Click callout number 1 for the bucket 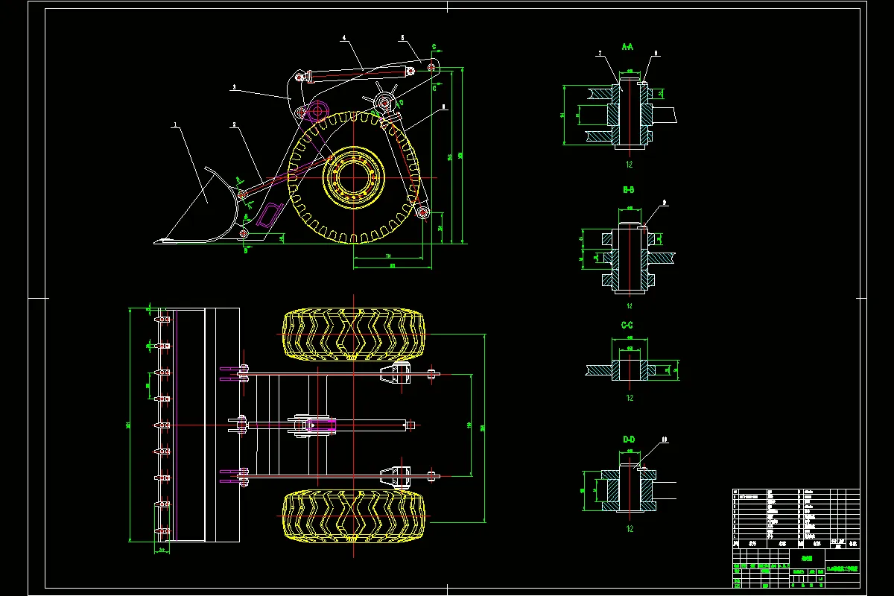[176, 127]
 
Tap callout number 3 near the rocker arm [233, 88]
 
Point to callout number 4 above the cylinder [344, 37]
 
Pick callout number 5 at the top [402, 37]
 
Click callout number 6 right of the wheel [444, 107]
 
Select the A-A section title [627, 47]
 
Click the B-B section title [628, 190]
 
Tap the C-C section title [627, 326]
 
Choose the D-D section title [628, 440]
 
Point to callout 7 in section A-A [599, 54]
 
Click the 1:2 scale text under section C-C [630, 398]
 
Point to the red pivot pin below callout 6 [423, 215]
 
